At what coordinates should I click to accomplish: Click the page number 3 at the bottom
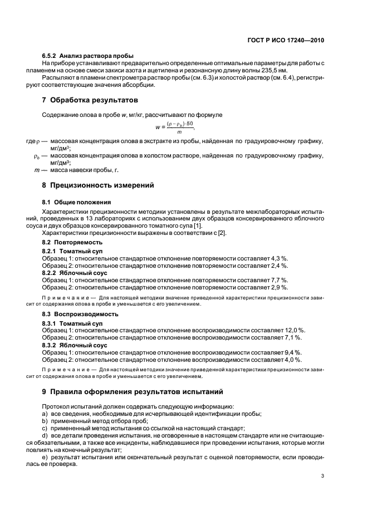(323, 476)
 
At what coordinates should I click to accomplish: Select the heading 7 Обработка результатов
(87, 101)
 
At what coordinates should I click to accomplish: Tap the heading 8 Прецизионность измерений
(97, 185)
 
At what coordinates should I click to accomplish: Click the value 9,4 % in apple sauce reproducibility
(292, 352)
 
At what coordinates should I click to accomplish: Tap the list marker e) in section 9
(45, 456)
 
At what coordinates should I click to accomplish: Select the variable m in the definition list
(37, 170)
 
